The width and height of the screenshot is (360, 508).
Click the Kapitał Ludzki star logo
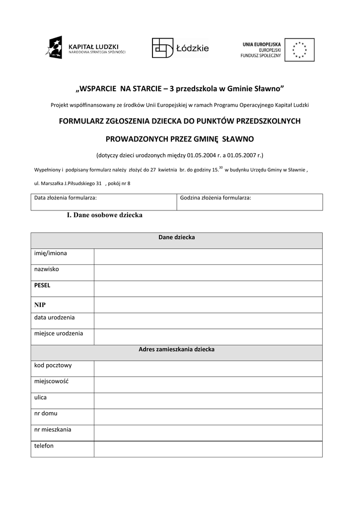coord(54,48)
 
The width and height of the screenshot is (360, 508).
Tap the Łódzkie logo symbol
coord(162,48)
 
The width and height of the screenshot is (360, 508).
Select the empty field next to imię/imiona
coord(208,256)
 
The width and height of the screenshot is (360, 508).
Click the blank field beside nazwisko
coord(208,272)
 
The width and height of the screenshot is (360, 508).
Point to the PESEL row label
coord(42,285)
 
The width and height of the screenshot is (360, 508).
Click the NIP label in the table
coord(40,304)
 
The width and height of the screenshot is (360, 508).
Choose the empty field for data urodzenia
coord(208,320)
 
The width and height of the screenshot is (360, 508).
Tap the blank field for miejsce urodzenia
coord(208,337)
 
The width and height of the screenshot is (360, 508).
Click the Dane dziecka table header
coord(176,238)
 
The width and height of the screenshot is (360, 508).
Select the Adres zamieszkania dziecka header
coord(176,349)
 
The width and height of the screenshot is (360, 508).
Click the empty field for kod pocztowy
coord(208,369)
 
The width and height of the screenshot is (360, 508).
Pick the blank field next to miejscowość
coord(208,384)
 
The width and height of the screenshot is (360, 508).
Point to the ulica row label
coord(40,397)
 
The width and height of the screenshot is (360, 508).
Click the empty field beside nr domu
coord(208,417)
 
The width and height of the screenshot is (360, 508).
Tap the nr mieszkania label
coord(53,429)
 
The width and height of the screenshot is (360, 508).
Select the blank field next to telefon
coord(208,449)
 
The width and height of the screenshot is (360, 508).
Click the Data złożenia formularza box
coord(103,202)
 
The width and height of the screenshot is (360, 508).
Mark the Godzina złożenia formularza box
coord(249,202)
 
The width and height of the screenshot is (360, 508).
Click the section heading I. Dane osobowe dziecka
coord(105,215)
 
